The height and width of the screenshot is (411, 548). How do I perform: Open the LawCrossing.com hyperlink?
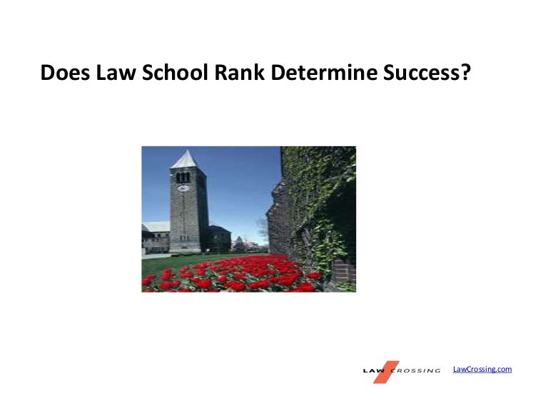pos(482,369)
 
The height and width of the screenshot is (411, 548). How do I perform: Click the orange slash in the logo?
pos(387,371)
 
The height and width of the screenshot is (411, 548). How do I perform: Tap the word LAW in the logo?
pos(373,371)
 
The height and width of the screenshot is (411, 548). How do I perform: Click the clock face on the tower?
pos(183,189)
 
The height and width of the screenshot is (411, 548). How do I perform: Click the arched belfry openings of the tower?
pos(183,177)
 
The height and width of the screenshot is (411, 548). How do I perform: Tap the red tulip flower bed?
pos(228,278)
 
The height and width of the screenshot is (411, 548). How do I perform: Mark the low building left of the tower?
pos(156,239)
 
